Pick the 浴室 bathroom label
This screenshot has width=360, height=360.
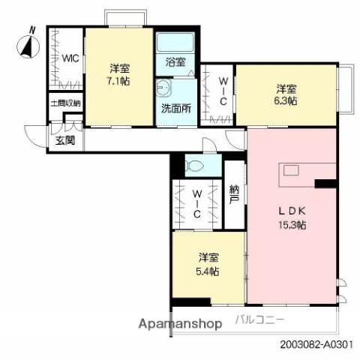[x=175, y=63]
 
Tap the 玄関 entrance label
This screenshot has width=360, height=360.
[x=65, y=140]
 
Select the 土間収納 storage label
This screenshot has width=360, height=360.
[x=65, y=103]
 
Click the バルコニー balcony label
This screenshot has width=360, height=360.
[x=259, y=319]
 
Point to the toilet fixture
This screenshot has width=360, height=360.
[x=196, y=163]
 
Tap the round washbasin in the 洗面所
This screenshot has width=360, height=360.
[x=164, y=88]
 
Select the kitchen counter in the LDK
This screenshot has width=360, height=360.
[x=300, y=174]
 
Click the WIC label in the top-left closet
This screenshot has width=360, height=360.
[x=70, y=58]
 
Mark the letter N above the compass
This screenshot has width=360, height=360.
[x=31, y=29]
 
